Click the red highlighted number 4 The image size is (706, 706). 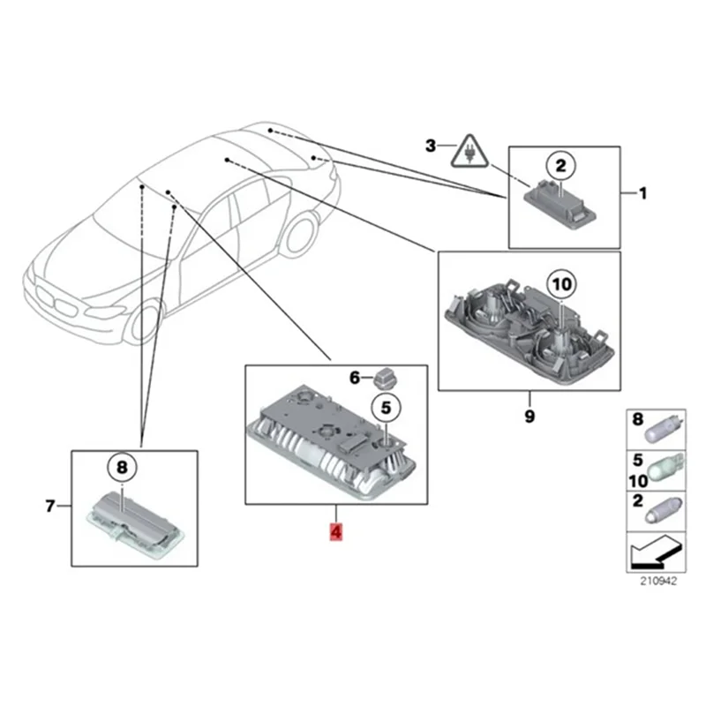pos(336,532)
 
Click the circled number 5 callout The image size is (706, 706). pos(385,407)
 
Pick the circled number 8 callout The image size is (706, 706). pos(122,466)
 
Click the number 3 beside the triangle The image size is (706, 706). pos(431,146)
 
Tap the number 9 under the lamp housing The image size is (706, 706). pos(529,416)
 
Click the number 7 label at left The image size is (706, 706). pos(50,506)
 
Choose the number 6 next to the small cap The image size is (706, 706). pos(355,378)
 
